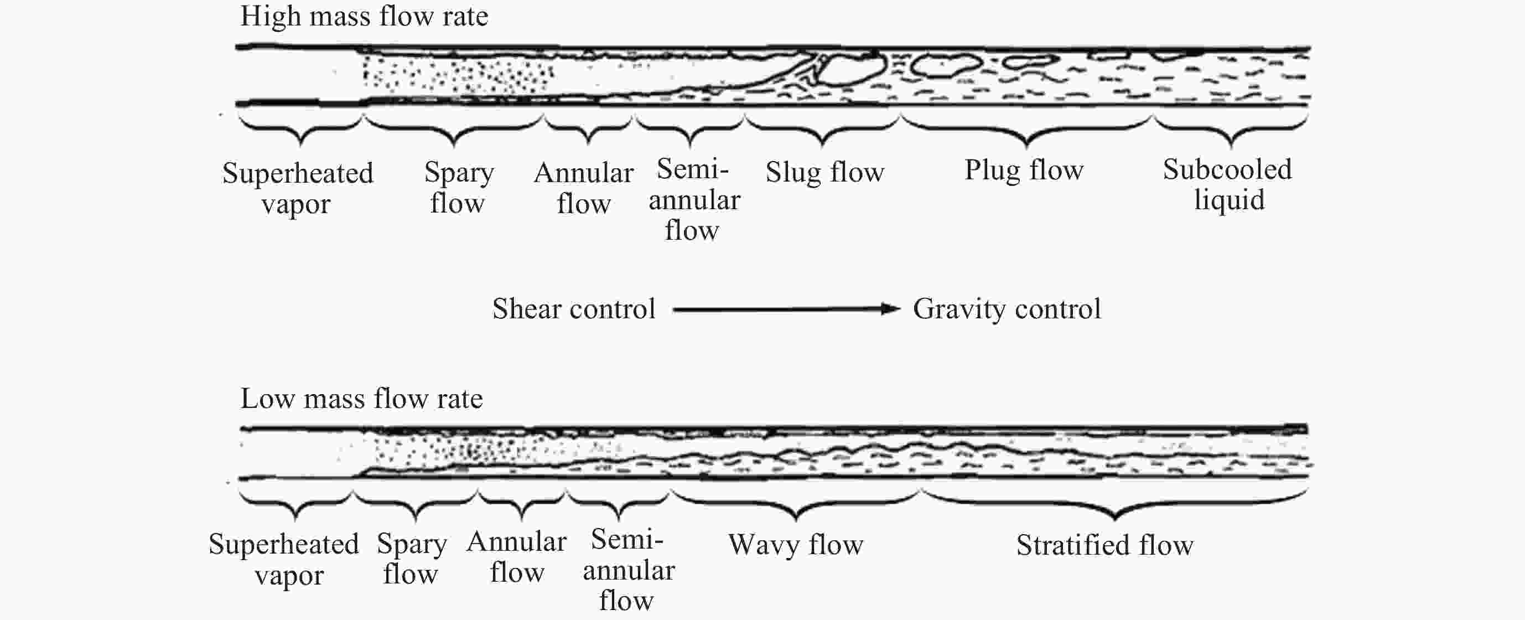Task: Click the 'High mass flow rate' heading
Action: tap(364, 16)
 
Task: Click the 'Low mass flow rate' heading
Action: tap(361, 399)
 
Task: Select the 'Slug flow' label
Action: tap(824, 172)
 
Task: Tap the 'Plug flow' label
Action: tap(1024, 170)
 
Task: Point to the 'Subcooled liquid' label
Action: tap(1228, 185)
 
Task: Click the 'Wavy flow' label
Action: tap(796, 545)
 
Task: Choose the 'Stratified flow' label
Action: tap(1104, 545)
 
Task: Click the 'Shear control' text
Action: tap(574, 309)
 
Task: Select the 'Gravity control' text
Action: tap(1007, 309)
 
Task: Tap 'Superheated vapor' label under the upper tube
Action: tap(297, 188)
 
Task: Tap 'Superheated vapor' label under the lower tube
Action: tap(284, 559)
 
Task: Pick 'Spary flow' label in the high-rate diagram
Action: tap(459, 187)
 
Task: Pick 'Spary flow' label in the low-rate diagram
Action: tap(412, 559)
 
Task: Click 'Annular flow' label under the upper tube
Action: tap(584, 188)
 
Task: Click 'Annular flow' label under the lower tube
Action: tap(517, 557)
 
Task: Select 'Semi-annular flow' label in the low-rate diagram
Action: tap(628, 570)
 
